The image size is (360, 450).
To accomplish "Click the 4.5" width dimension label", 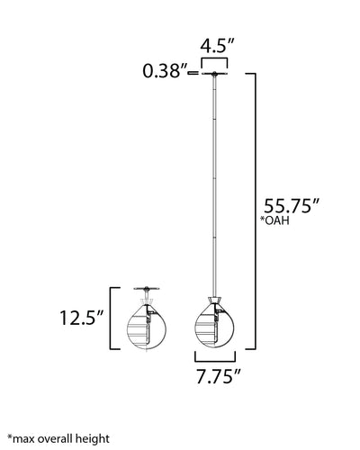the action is tap(217, 46).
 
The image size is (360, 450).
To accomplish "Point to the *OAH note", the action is tap(274, 220).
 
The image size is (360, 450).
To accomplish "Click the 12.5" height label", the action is tap(82, 318).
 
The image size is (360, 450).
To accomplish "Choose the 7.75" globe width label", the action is tap(219, 376).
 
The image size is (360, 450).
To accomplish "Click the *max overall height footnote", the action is tap(58, 439).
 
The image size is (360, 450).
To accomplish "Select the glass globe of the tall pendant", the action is tap(215, 327).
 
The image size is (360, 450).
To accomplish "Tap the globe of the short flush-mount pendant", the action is tap(147, 327).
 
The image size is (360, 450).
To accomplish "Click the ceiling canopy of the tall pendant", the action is tap(214, 73).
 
